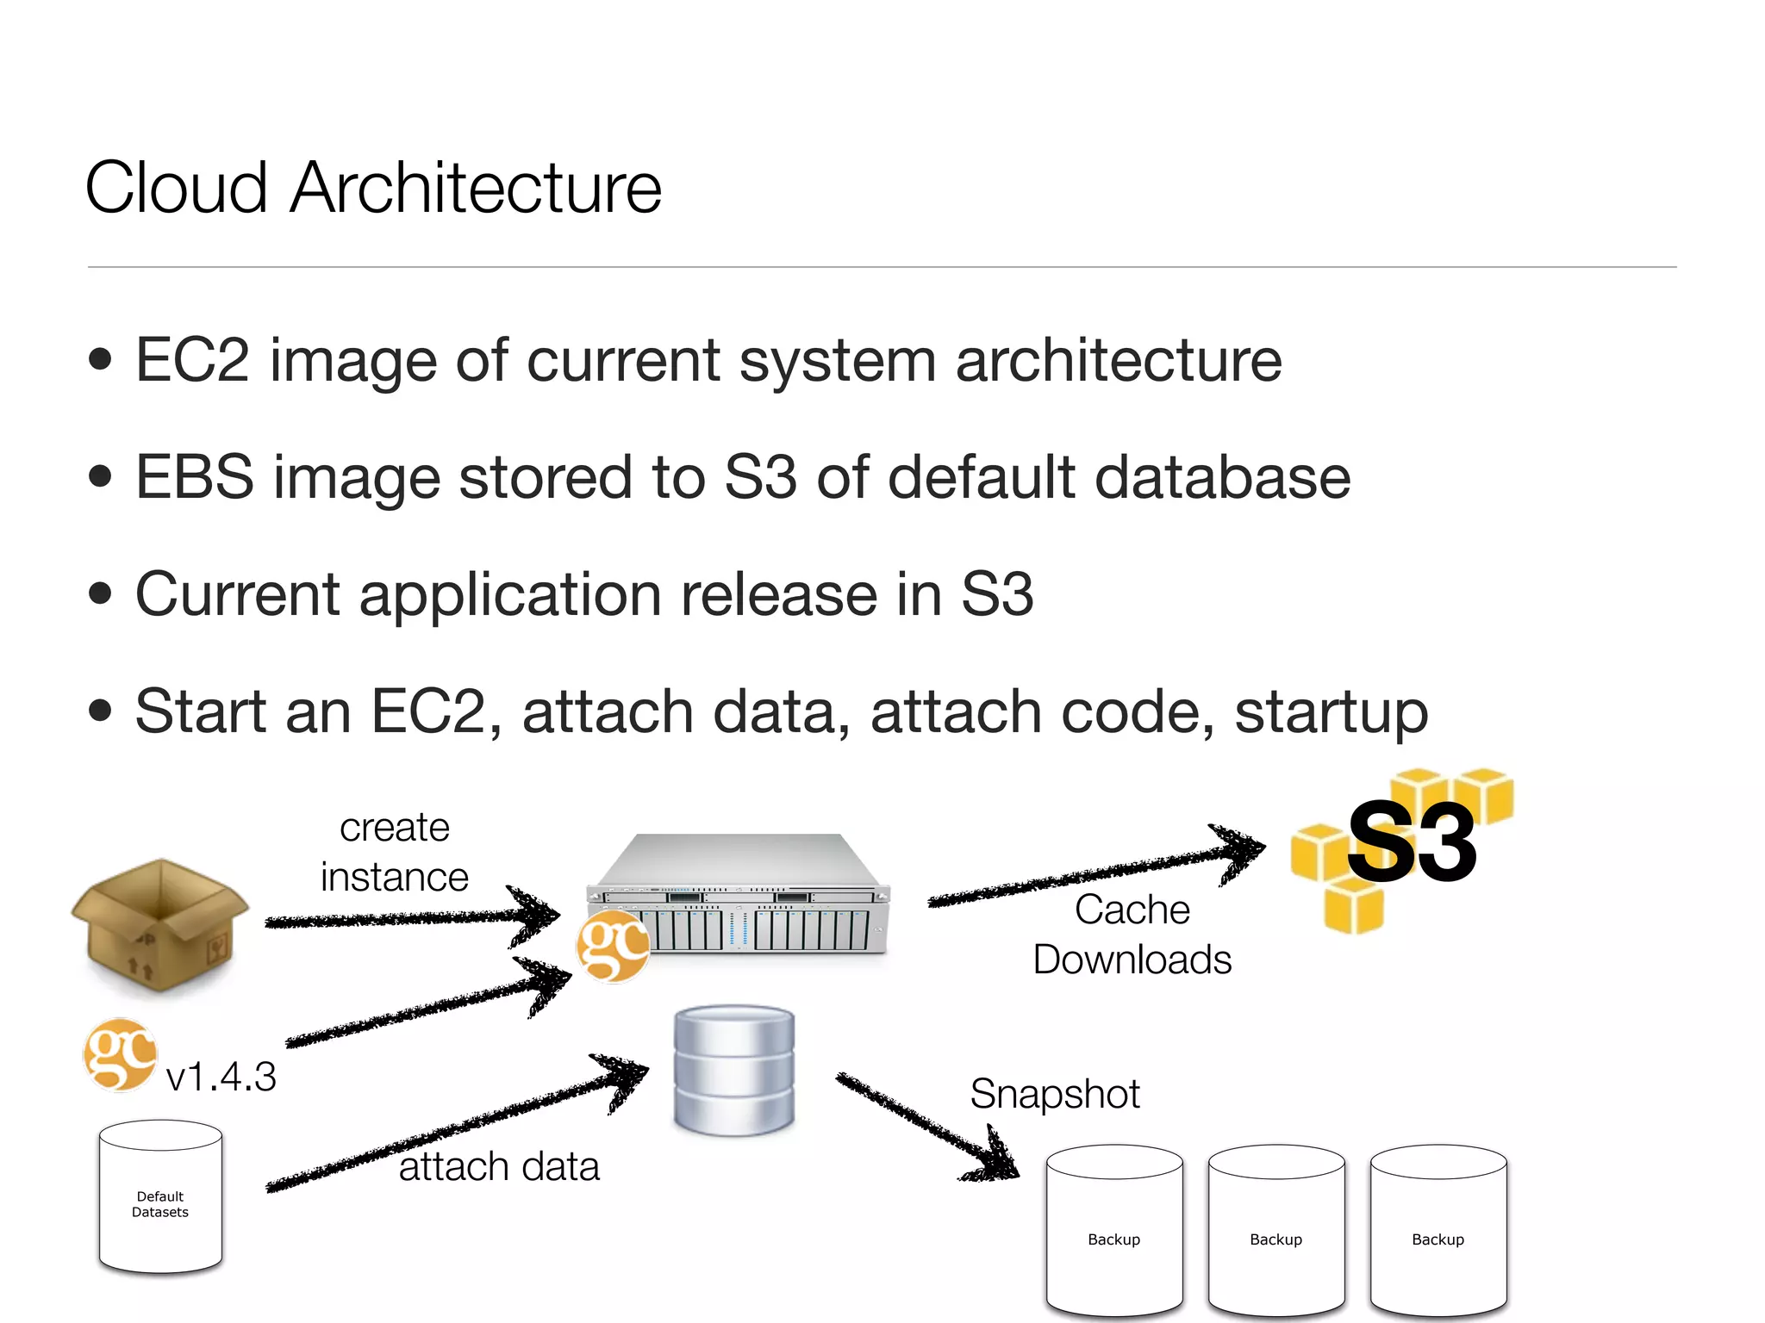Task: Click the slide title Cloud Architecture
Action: click(373, 188)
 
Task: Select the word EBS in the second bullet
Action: click(195, 477)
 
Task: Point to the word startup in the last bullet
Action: click(1331, 712)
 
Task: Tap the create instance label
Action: click(395, 852)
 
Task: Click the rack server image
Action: click(739, 896)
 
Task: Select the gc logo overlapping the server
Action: click(613, 947)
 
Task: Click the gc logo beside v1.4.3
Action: click(120, 1055)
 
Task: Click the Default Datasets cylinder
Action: click(160, 1197)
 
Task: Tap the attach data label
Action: click(499, 1167)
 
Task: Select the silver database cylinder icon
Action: click(733, 1071)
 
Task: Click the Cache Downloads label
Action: click(1132, 935)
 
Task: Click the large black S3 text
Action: click(1412, 842)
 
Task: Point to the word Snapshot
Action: click(1054, 1094)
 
